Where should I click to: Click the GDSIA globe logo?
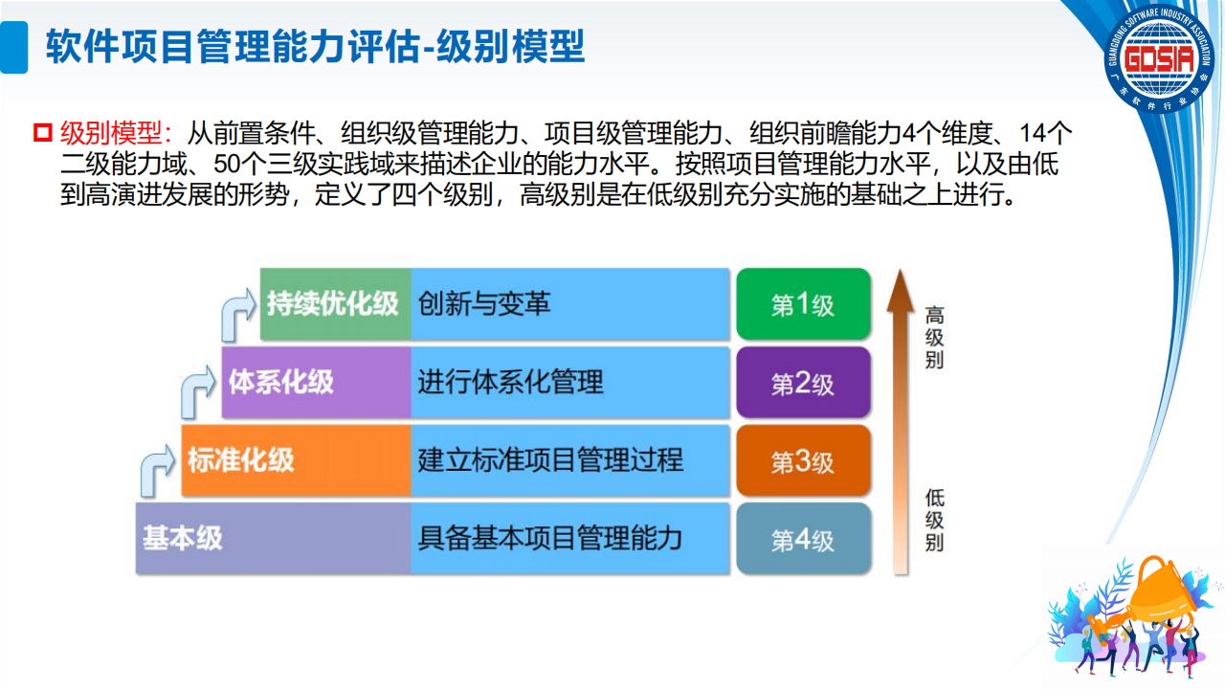1159,58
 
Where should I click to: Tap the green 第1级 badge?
803,304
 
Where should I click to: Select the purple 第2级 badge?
803,383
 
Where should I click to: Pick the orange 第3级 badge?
803,461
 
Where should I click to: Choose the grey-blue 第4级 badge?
803,539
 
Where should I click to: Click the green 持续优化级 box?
335,304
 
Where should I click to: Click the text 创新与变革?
484,304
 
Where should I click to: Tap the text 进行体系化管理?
510,382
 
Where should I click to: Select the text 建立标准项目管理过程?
550,460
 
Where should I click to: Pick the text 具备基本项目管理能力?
550,539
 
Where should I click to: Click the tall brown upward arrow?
901,422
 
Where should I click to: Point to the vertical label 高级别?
934,338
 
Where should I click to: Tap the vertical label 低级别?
934,521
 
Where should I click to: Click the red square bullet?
43,133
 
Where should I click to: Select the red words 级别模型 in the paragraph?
111,133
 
